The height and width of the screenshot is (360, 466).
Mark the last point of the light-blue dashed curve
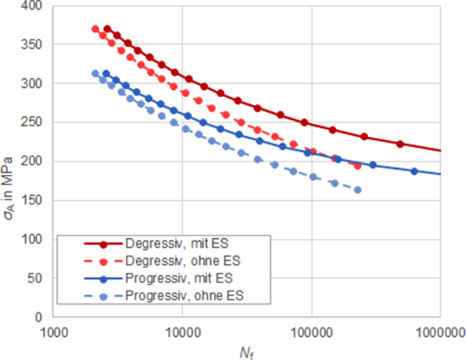(x=357, y=190)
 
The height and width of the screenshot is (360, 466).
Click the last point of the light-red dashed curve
(x=358, y=165)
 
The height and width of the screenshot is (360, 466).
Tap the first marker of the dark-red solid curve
(x=107, y=29)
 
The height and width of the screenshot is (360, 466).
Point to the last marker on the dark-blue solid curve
(x=414, y=171)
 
